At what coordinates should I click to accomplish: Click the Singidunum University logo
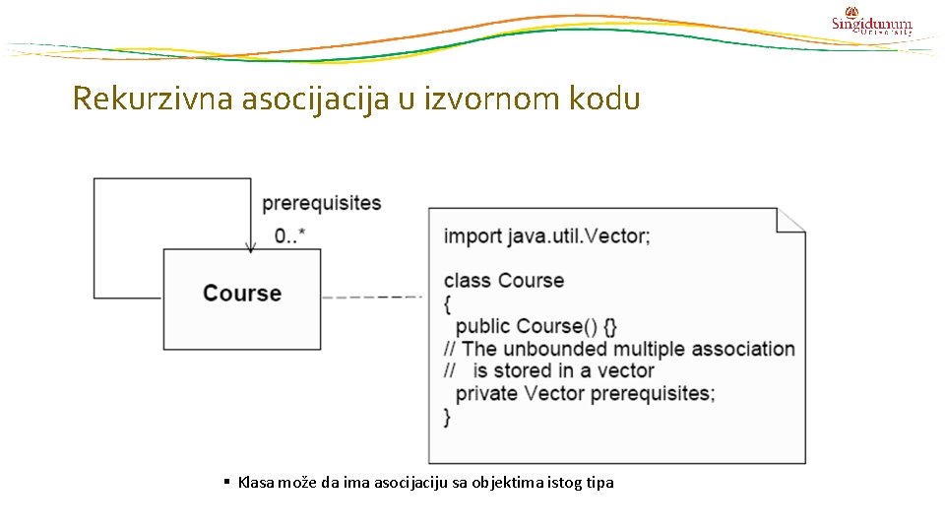click(871, 22)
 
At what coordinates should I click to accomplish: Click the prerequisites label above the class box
click(321, 203)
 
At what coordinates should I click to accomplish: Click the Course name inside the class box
click(242, 294)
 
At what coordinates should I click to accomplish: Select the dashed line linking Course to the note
click(372, 297)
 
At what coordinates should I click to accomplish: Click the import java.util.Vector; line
click(546, 236)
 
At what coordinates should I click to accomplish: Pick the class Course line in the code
click(504, 281)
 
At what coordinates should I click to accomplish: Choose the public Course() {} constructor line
click(536, 326)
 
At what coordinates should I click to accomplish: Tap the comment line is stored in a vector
click(563, 371)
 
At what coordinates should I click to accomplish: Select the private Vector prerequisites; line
click(585, 393)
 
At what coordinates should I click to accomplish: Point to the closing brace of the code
click(448, 417)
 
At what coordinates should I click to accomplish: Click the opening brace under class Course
click(448, 303)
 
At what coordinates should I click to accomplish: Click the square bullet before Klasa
click(226, 482)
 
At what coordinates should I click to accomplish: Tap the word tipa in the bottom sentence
click(598, 483)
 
